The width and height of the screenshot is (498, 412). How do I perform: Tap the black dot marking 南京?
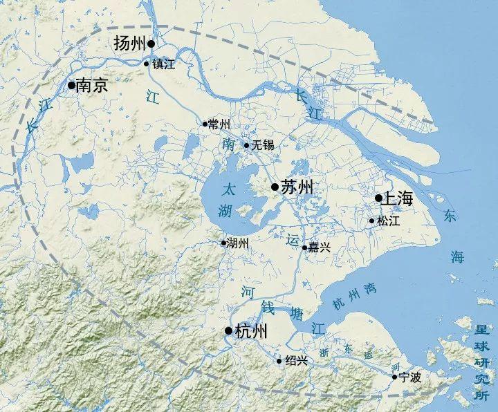[71, 85]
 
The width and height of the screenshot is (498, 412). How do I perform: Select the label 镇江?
[164, 64]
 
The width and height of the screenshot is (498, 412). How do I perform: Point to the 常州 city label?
[219, 124]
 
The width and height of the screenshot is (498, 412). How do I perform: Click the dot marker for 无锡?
[246, 146]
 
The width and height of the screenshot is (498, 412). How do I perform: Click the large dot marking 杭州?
[229, 332]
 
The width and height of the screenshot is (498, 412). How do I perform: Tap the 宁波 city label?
[411, 377]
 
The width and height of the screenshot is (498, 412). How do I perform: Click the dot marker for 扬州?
[151, 44]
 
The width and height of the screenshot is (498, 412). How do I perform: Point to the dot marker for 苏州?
[275, 187]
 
